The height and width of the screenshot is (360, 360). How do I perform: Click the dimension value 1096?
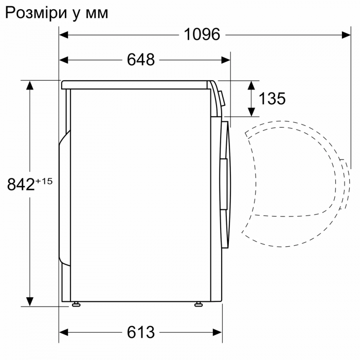202,34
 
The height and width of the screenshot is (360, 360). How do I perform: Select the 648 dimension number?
140,60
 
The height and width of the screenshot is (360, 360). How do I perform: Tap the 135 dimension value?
272,98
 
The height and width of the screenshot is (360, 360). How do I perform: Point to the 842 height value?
21,184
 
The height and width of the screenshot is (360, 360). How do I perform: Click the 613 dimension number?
140,333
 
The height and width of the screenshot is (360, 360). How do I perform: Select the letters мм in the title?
96,13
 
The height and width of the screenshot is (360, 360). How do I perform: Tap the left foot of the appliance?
76,304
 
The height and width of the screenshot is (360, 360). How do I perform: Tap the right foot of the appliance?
198,304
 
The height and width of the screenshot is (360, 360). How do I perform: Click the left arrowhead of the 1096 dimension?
64,35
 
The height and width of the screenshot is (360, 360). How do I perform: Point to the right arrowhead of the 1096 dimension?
347,35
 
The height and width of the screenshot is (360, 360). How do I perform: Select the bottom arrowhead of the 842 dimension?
30,301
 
